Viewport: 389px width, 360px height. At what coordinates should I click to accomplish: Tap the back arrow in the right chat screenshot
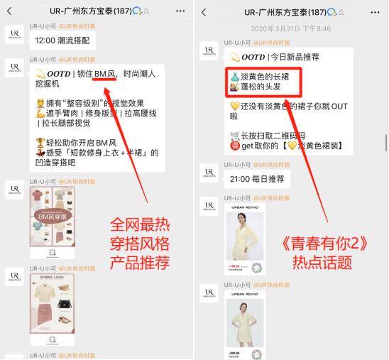coord(204,12)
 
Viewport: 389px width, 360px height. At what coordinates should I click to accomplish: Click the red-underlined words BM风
coord(104,73)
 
